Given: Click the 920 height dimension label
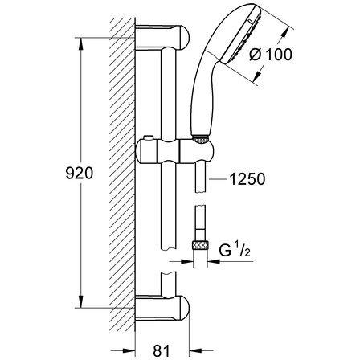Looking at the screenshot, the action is (80, 173).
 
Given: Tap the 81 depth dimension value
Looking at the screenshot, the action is (162, 350).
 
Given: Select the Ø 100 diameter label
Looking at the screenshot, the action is (270, 55).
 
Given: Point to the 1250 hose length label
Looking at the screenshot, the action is (247, 179).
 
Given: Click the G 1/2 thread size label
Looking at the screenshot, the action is (235, 251).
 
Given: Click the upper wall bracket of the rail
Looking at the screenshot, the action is (162, 37).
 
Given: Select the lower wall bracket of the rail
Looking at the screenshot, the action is (162, 308).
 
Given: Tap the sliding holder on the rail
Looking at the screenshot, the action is (175, 152).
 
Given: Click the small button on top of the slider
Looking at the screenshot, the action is (147, 138).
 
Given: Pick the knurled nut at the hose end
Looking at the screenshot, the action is (200, 245).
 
